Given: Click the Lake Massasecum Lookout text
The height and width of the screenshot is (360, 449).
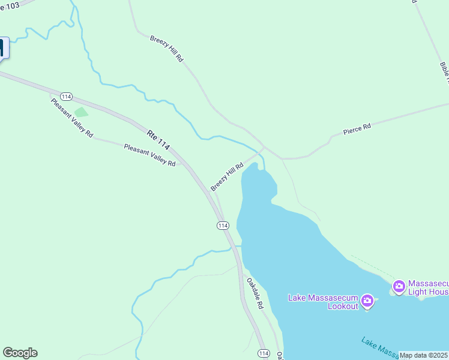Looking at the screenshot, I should pyautogui.click(x=323, y=302).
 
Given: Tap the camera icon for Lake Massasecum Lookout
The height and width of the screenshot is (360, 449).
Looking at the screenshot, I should pyautogui.click(x=368, y=300).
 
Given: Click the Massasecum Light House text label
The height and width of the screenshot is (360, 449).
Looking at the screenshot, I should pyautogui.click(x=428, y=288).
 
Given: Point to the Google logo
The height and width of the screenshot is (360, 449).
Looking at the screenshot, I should pyautogui.click(x=20, y=353).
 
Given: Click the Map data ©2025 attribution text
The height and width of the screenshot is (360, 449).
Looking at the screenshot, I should pyautogui.click(x=424, y=355).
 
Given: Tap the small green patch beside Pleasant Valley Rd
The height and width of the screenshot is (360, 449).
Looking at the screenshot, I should pyautogui.click(x=81, y=112).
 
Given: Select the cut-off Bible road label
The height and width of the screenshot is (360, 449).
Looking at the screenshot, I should pyautogui.click(x=444, y=72).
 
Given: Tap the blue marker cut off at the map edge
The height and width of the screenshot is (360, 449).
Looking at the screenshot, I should pyautogui.click(x=4, y=48).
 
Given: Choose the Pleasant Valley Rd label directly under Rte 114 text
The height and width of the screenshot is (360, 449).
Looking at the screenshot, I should pyautogui.click(x=149, y=155).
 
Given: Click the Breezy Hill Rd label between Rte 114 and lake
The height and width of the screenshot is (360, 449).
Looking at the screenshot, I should pyautogui.click(x=226, y=176).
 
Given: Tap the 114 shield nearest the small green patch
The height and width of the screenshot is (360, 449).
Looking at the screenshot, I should pyautogui.click(x=66, y=97).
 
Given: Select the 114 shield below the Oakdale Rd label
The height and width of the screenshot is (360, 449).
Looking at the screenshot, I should pyautogui.click(x=263, y=353).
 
